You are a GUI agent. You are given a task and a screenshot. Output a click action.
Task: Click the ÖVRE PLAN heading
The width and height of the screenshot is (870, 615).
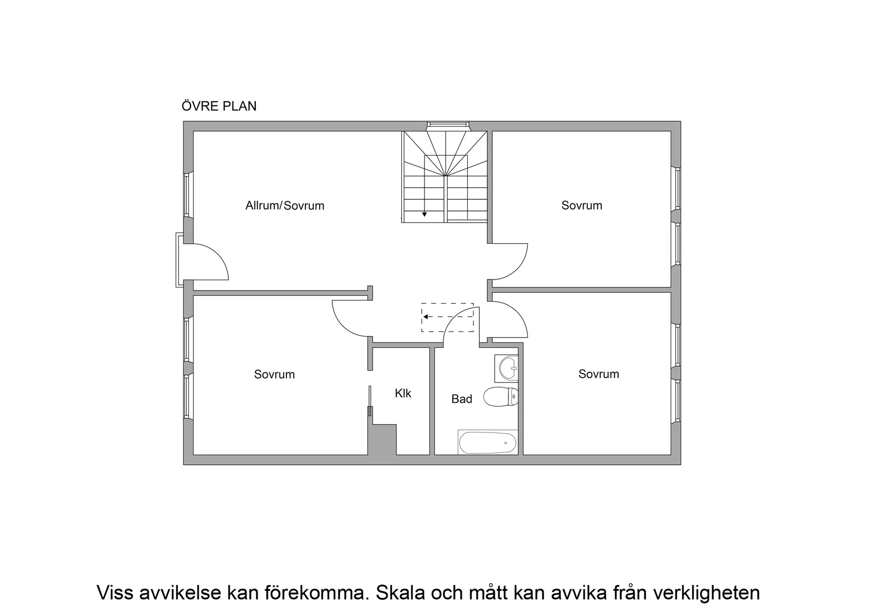[x=219, y=106]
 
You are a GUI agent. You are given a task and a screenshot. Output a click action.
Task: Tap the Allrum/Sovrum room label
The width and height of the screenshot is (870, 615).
[x=285, y=206]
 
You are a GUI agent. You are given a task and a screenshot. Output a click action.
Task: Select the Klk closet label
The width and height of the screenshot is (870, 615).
[x=403, y=393]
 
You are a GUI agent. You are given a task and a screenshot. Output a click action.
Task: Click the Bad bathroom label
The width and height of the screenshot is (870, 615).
[x=461, y=399]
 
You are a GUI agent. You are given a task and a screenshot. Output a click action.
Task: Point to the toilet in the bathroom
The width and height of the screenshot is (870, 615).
[x=501, y=397]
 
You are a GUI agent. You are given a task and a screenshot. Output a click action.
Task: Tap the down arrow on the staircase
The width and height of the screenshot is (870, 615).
[x=424, y=214]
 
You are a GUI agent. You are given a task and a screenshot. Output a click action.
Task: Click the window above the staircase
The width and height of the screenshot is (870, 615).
[x=448, y=126]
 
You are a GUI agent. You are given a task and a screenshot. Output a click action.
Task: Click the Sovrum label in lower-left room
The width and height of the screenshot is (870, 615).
[x=274, y=374]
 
